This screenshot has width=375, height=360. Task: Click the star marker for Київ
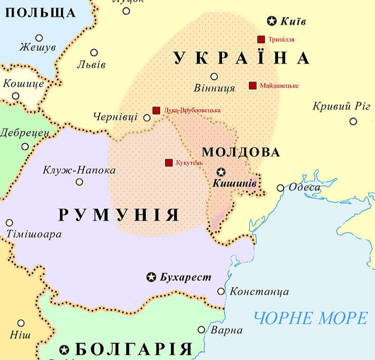click(x=272, y=21)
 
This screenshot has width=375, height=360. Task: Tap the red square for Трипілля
click(x=261, y=39)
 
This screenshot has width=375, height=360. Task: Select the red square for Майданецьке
click(x=252, y=86)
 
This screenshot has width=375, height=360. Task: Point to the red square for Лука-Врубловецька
click(x=156, y=111)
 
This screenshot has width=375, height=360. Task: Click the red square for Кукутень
click(x=169, y=162)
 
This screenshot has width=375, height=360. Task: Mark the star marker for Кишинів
click(x=221, y=172)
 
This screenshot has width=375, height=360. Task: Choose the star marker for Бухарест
click(x=151, y=277)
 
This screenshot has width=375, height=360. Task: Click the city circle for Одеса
click(x=281, y=188)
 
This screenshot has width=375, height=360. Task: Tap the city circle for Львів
click(x=94, y=53)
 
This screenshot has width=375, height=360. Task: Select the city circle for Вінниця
click(x=214, y=76)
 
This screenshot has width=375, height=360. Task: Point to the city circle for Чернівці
click(x=147, y=117)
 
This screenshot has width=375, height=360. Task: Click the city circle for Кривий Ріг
click(x=353, y=121)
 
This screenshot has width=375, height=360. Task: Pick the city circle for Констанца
click(x=221, y=291)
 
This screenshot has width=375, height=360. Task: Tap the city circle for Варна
click(x=202, y=330)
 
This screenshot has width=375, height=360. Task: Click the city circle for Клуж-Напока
click(x=79, y=182)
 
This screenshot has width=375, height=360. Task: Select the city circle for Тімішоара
click(x=9, y=223)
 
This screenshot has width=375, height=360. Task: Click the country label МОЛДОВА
click(x=241, y=152)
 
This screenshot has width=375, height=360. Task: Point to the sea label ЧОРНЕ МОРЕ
click(x=311, y=319)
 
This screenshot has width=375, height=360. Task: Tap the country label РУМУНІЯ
click(x=119, y=215)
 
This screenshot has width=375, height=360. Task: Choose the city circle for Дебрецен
click(x=25, y=146)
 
